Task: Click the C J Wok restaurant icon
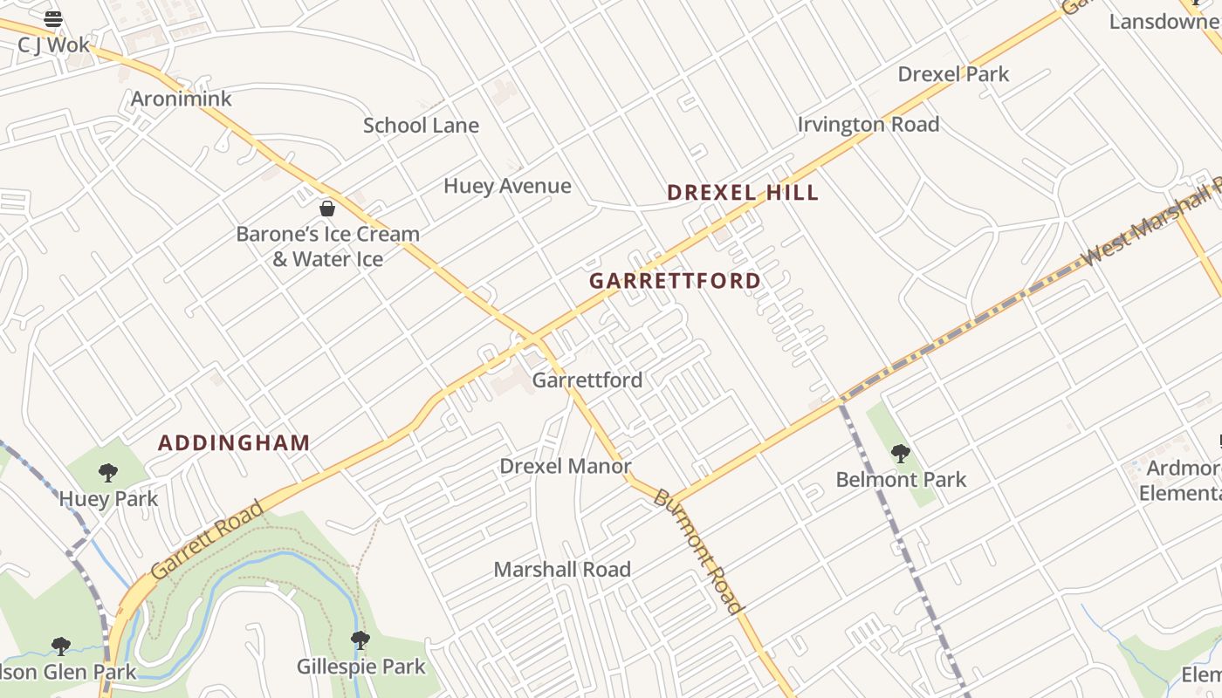coord(53,18)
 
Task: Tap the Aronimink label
coord(182,99)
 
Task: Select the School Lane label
coord(421,126)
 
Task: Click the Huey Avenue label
coord(507,186)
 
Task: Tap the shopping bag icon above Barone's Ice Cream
coord(327,209)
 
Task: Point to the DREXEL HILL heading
coord(743,193)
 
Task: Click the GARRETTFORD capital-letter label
coord(675,281)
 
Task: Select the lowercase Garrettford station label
coord(587,380)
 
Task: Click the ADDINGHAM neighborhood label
coord(234,443)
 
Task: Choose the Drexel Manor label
coord(565,467)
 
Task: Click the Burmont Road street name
coord(698,551)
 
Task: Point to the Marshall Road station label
coord(562,570)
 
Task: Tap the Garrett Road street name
coord(207,540)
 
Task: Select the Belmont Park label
coord(901,480)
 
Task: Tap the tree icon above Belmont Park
coord(901,454)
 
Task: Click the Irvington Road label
coord(868,125)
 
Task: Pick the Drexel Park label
coord(953,74)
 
